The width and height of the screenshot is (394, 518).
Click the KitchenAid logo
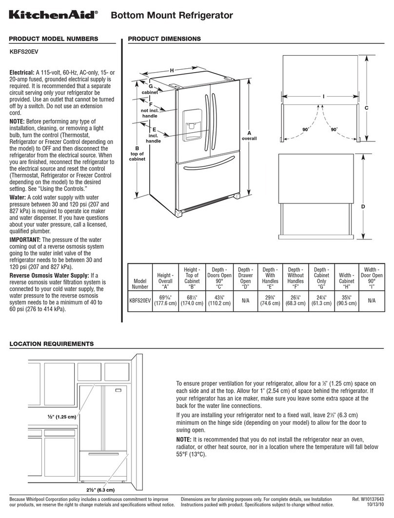point(54,16)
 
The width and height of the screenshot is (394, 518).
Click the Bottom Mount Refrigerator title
point(172,16)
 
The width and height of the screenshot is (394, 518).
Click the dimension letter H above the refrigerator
point(172,71)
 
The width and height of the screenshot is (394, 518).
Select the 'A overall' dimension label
point(249,136)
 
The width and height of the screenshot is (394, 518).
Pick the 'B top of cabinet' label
point(137,154)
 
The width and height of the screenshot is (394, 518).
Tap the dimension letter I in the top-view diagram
point(322,97)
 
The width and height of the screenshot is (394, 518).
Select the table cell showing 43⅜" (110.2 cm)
point(219,300)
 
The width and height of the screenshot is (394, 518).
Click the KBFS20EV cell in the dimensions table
point(140,300)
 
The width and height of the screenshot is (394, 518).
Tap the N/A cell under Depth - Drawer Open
point(246,300)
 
